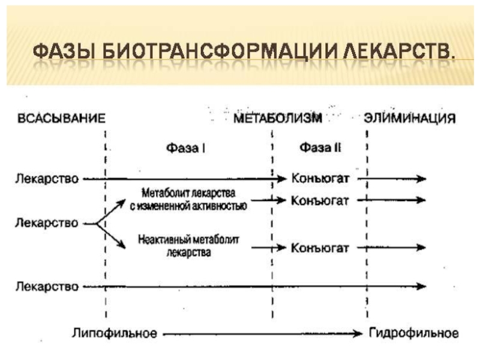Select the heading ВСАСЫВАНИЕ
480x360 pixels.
coord(60,118)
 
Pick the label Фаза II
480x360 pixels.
coord(320,147)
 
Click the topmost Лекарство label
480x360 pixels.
coord(47,179)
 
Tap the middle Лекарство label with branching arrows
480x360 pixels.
coord(47,223)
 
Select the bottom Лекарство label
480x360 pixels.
coord(47,287)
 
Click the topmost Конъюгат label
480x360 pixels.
coord(320,179)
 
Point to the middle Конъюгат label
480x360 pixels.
coord(320,200)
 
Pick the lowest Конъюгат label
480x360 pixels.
coord(320,247)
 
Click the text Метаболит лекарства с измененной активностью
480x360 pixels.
coord(188,200)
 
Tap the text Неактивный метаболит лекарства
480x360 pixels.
coord(188,246)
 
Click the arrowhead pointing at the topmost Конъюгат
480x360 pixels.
coord(283,179)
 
